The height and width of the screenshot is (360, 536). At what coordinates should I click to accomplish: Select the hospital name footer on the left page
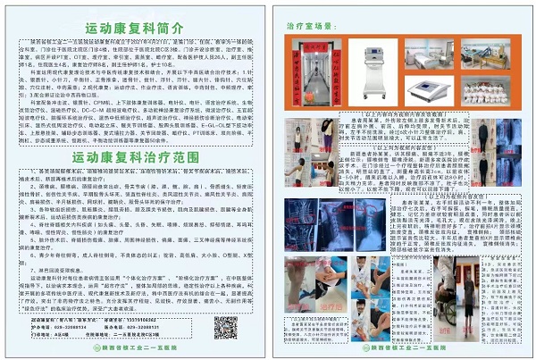(135, 351)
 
